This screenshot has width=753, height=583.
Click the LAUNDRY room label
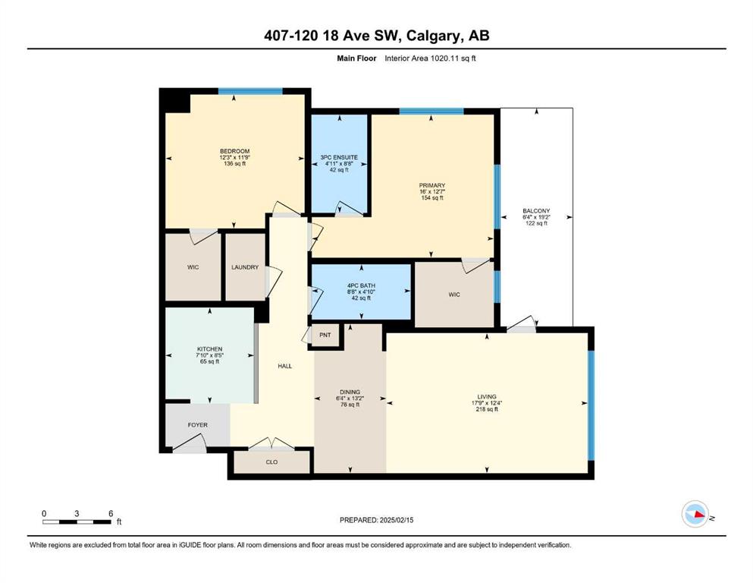click(245, 267)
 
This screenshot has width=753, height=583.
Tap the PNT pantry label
click(325, 335)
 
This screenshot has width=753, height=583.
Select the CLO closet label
click(271, 462)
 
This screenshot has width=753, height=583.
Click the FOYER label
click(197, 425)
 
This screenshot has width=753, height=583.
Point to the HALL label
click(285, 366)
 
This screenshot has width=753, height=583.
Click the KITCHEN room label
click(210, 349)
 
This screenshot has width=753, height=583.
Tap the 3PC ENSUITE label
click(339, 157)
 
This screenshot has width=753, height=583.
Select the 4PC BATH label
click(361, 286)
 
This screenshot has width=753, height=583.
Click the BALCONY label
click(536, 211)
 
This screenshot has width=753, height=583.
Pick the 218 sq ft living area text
click(487, 409)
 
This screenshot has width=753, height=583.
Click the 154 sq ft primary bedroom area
click(432, 197)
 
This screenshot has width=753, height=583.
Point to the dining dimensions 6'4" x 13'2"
click(350, 398)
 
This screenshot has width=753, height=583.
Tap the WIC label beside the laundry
click(193, 267)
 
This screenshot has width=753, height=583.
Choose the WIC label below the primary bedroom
click(454, 295)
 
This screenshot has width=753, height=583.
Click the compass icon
click(695, 514)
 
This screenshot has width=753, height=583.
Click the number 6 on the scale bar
click(111, 513)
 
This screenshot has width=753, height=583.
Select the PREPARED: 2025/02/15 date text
click(376, 520)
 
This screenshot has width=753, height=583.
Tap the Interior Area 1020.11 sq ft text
click(430, 58)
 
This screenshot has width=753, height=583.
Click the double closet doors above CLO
click(271, 444)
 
